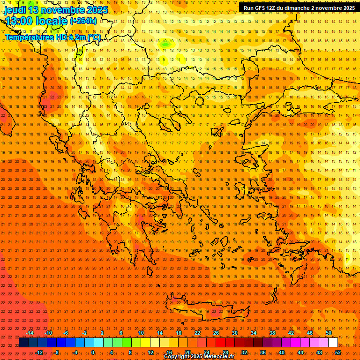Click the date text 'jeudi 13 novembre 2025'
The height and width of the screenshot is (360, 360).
[56, 10]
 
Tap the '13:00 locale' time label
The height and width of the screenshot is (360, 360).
[36, 21]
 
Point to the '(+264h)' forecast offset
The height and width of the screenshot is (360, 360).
[83, 21]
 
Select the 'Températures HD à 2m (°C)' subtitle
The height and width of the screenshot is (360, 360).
[52, 37]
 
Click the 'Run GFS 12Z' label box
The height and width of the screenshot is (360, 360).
[299, 8]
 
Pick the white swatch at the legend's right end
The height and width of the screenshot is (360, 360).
[333, 343]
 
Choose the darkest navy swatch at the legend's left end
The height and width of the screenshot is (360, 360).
[23, 343]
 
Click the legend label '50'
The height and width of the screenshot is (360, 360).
[329, 333]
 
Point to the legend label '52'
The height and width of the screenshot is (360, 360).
[338, 352]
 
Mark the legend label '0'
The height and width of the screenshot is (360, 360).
[93, 352]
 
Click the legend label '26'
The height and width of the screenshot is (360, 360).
[216, 333]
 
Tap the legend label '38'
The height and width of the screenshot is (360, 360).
[272, 333]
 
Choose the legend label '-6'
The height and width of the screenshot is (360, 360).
[66, 333]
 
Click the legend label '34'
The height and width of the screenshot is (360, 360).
[254, 333]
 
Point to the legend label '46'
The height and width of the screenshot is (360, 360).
[310, 333]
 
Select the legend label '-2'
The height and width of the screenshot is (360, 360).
[84, 333]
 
